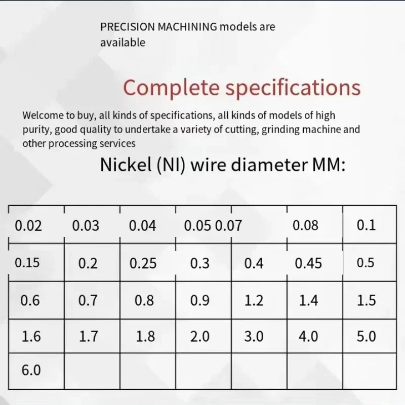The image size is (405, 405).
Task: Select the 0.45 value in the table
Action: [x=308, y=263]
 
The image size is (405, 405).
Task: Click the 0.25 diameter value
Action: [x=143, y=263]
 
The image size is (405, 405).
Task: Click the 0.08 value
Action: [x=305, y=225]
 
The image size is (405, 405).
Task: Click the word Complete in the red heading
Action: [x=171, y=88]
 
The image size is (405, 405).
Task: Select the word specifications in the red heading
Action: [x=293, y=88]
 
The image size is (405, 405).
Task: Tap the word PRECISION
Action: [x=128, y=27]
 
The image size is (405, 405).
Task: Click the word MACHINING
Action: [x=187, y=27]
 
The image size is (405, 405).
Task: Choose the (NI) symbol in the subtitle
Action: [x=171, y=165]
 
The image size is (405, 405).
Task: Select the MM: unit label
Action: [x=329, y=165]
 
